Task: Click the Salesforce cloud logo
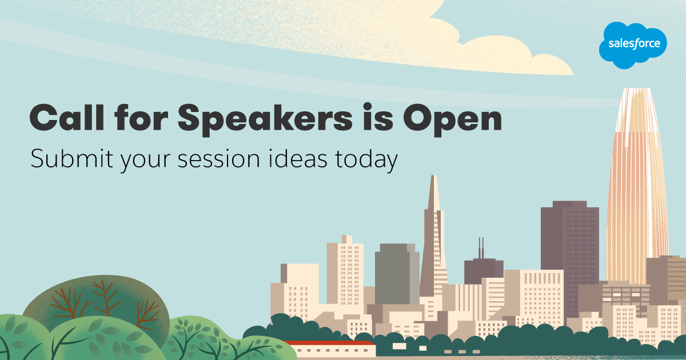[633, 45]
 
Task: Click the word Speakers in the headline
[265, 119]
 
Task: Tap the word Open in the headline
[452, 119]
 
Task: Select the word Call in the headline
[67, 117]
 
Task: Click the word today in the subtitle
[366, 161]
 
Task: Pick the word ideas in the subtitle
[298, 158]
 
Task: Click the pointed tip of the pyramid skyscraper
[434, 176]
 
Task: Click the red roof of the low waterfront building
[329, 342]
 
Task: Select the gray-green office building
[397, 274]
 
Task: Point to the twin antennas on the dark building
[481, 247]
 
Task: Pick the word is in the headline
[378, 117]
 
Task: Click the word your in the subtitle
[145, 161]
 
